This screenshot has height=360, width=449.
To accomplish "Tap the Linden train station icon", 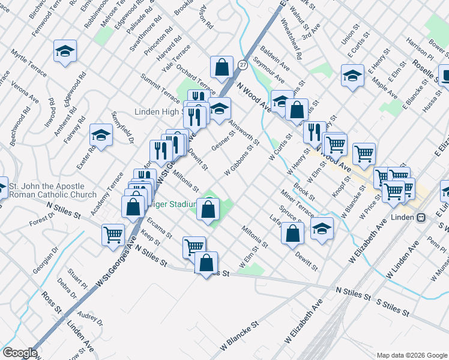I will [421, 217].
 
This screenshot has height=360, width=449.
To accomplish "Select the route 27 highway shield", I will [243, 64].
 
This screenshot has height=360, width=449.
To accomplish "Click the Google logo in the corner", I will [20, 353].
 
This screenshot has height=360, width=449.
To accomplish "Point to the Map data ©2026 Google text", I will [411, 355].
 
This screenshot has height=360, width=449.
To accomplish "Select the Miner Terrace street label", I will [297, 202].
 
